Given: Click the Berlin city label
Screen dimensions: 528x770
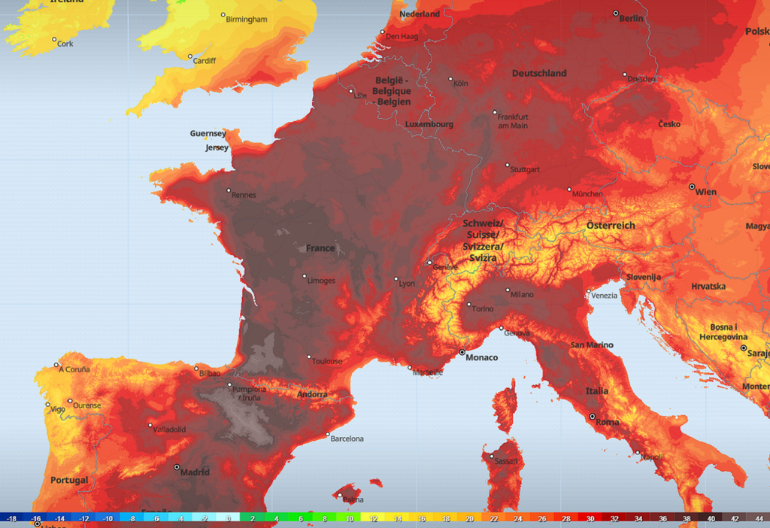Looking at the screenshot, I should tap(631, 19).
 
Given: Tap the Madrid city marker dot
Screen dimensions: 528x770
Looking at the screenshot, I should tap(177, 467).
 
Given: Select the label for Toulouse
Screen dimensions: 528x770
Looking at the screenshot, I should tap(327, 362).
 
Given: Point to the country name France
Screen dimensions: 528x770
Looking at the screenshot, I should tap(320, 248).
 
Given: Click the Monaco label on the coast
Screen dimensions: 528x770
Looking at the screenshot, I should tap(482, 357).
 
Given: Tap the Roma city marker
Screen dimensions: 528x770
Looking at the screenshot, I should tap(592, 416).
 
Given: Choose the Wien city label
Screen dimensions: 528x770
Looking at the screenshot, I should tap(705, 192).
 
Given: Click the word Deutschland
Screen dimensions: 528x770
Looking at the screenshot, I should tap(539, 74).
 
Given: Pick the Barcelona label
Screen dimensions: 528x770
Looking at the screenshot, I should tap(347, 438).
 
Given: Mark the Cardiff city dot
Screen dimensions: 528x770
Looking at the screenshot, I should tap(190, 56).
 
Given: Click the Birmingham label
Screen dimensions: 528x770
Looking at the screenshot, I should tap(247, 20).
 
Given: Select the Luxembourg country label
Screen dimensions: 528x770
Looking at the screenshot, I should tap(429, 124).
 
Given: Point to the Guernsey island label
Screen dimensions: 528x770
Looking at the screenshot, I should tap(208, 134).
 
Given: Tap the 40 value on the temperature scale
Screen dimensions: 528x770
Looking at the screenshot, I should tap(711, 519).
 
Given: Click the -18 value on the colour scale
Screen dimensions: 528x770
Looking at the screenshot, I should tap(12, 519).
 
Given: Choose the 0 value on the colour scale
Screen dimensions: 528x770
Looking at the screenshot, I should tap(229, 519).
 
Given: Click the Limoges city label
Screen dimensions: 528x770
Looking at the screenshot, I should tap(322, 281).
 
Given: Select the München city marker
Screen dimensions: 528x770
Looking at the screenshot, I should tap(569, 190).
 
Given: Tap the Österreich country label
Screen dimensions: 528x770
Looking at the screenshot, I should tap(611, 226).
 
